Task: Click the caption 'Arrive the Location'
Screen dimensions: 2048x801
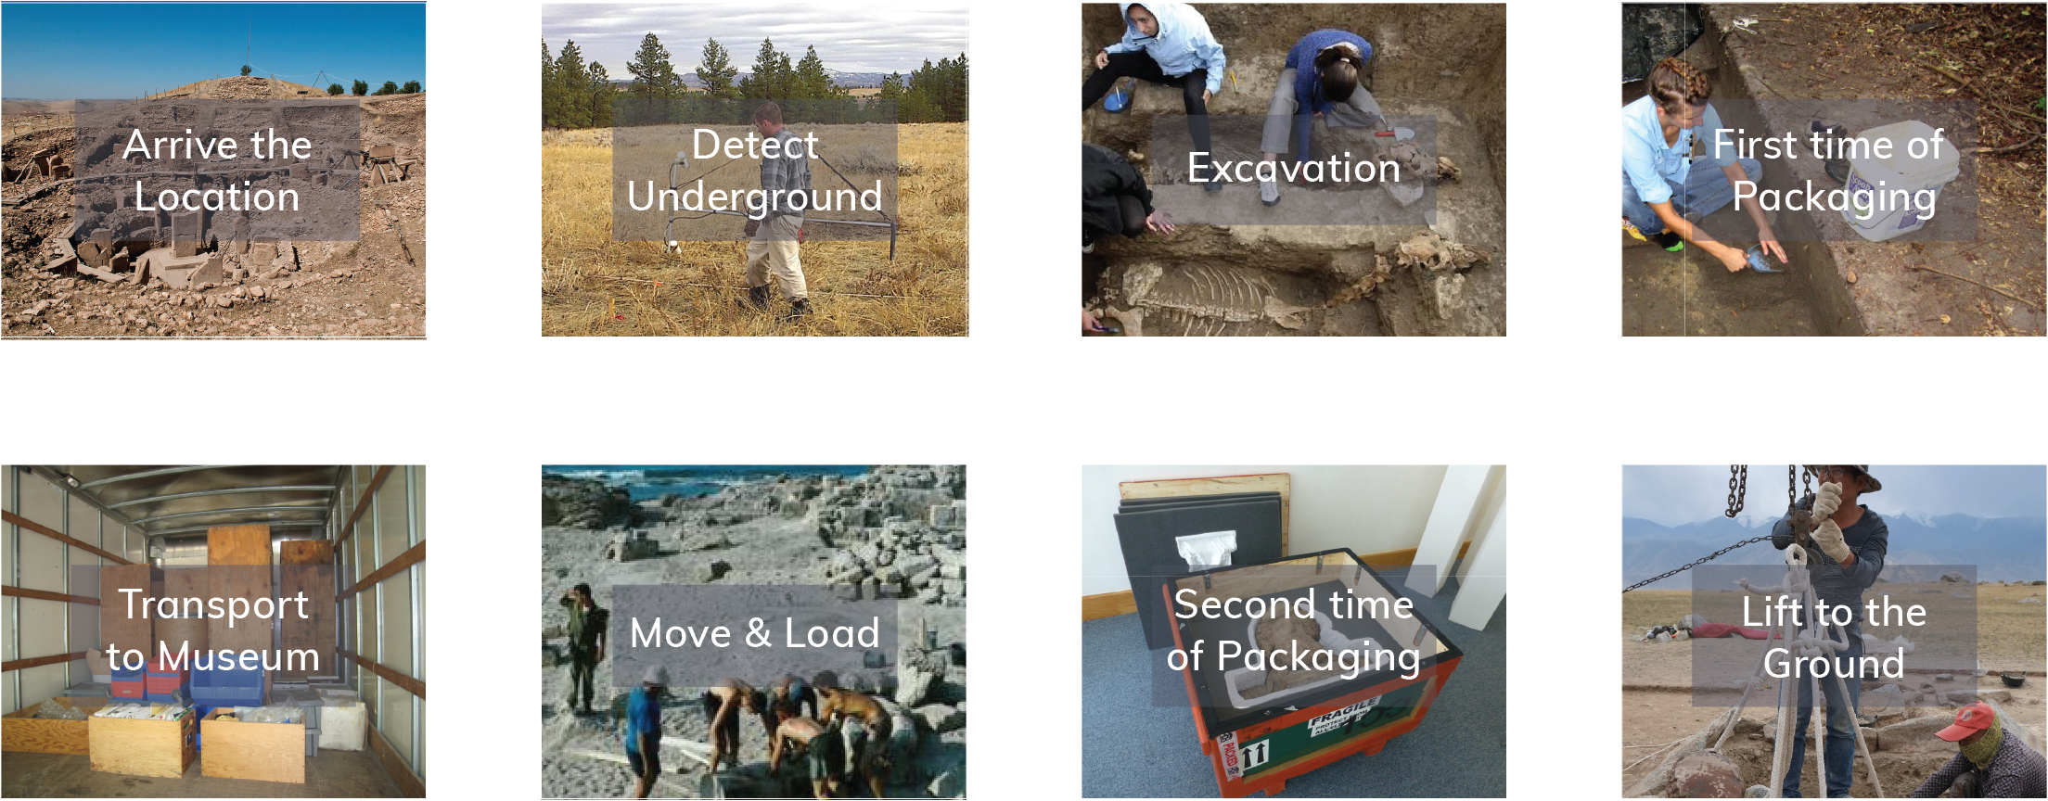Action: click(217, 171)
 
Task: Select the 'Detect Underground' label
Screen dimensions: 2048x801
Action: click(755, 171)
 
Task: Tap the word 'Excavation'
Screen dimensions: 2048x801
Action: click(1294, 168)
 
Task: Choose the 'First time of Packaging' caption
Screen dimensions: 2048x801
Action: click(1834, 171)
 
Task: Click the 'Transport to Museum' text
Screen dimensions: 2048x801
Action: click(213, 630)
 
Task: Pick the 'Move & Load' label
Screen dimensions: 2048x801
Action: click(755, 633)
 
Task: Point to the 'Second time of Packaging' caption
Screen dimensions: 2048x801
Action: click(1294, 630)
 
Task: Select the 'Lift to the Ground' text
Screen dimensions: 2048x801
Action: click(1834, 638)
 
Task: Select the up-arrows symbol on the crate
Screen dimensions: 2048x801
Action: click(1255, 753)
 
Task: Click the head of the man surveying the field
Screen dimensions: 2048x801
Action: click(768, 117)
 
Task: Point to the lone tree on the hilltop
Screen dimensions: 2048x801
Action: click(246, 69)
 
